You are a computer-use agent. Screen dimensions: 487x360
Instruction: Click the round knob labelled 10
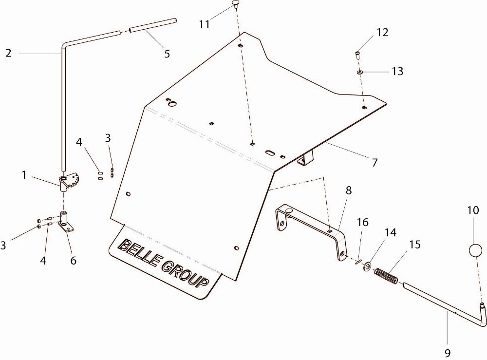point(475,250)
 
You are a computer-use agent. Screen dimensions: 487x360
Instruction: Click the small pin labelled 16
point(358,262)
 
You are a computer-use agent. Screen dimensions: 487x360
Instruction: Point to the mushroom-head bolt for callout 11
point(236,4)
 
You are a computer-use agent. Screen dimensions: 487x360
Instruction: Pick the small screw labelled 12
point(357,55)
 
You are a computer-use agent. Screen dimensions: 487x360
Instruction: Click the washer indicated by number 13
point(360,72)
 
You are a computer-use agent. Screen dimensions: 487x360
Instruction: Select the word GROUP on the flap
point(185,274)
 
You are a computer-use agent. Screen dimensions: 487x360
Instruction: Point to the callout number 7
point(375,162)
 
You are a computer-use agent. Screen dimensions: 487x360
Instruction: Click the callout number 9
point(447,353)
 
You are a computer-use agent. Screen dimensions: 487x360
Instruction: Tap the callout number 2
point(8,53)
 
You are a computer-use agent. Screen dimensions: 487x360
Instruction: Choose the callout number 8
point(349,190)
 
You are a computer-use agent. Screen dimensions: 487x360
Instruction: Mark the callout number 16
point(362,223)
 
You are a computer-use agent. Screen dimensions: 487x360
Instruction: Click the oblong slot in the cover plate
point(269,152)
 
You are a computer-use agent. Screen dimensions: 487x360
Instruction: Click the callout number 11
point(205,24)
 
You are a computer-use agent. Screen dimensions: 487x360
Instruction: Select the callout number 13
point(397,71)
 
